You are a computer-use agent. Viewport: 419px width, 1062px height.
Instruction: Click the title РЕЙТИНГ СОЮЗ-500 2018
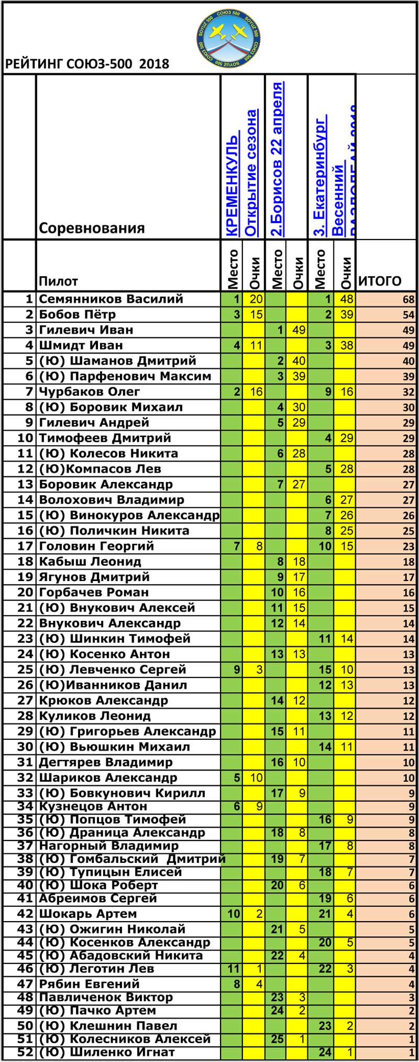tap(87, 64)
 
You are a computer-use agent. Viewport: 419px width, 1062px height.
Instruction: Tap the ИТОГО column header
tap(379, 281)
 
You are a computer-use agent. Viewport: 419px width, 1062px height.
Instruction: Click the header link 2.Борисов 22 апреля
tap(277, 160)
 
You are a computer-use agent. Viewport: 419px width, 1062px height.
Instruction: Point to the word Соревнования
tap(92, 228)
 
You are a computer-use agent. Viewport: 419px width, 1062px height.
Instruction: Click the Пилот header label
tap(58, 282)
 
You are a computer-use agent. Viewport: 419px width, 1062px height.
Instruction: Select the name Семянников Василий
tap(111, 299)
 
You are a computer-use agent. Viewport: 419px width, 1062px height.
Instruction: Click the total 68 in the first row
tap(409, 300)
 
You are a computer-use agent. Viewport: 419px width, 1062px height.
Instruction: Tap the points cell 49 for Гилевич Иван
tap(299, 330)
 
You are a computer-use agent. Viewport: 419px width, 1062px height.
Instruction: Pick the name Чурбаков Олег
tap(90, 392)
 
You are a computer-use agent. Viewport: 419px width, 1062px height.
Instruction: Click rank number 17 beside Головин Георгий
tap(25, 546)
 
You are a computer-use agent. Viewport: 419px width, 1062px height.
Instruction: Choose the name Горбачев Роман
tap(94, 593)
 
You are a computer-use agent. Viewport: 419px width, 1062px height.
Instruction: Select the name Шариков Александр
tap(108, 778)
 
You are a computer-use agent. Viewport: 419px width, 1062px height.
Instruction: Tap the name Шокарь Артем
tap(87, 913)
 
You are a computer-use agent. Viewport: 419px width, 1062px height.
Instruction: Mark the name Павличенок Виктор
tap(106, 997)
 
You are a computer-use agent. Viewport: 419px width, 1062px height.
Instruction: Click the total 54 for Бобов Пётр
tap(409, 315)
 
